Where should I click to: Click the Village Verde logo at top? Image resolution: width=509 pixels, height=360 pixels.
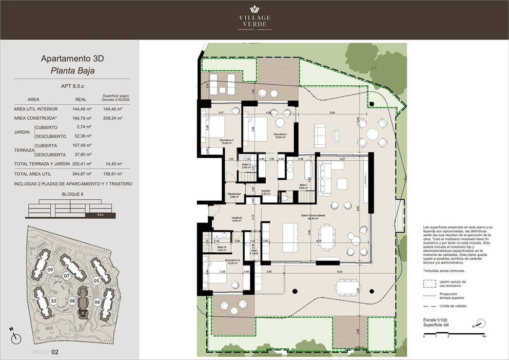254,18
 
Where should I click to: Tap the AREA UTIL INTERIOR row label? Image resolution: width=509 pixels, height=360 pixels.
36,109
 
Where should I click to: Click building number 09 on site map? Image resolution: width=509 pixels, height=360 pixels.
50,270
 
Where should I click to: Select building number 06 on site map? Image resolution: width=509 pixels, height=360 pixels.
97,302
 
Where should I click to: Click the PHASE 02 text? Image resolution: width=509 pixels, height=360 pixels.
45,352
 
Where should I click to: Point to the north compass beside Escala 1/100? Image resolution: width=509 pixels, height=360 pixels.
480,324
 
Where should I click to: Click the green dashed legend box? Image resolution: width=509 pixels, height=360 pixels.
429,283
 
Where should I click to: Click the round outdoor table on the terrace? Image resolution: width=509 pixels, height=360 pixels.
373,135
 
